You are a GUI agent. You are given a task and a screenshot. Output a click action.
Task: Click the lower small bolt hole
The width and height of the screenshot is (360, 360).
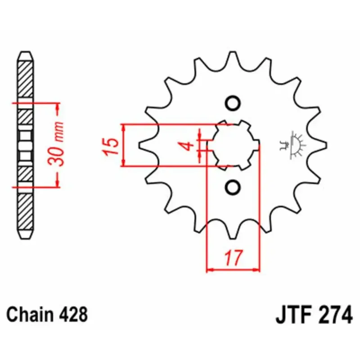point(233,187)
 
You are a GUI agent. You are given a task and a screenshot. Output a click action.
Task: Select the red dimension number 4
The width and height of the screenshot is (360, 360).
point(189,146)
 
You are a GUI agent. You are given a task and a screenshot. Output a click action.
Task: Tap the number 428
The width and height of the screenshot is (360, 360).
point(73,315)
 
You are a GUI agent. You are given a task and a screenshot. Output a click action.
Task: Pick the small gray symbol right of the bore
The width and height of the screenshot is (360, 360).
point(292,145)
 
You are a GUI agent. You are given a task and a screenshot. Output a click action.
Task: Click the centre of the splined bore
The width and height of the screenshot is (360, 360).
point(234,145)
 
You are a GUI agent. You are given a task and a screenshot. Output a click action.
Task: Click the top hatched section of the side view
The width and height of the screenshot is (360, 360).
point(25,79)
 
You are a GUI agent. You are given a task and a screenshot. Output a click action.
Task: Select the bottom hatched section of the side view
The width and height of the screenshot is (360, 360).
point(25,211)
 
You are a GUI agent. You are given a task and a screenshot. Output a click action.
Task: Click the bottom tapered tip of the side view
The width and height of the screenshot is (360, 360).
point(25,234)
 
